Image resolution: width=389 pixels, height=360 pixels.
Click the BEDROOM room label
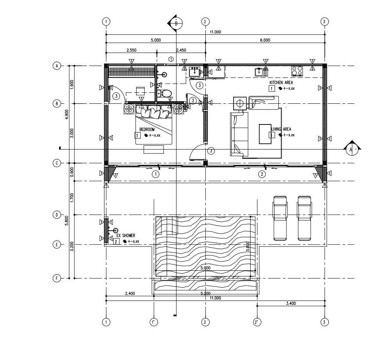147,129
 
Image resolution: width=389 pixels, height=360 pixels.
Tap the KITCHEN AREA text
281,83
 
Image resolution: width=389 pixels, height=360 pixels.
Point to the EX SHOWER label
126,236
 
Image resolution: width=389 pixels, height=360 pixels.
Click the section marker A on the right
351,149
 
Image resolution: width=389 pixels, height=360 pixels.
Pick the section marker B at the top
176,23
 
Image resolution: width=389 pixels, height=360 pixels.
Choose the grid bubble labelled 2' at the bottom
257,322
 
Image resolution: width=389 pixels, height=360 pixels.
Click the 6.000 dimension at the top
265,40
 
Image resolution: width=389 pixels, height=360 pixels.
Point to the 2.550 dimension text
131,50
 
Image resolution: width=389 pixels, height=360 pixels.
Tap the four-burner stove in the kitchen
297,71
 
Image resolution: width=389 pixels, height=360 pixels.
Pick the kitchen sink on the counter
259,72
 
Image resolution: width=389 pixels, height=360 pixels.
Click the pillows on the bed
153,113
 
